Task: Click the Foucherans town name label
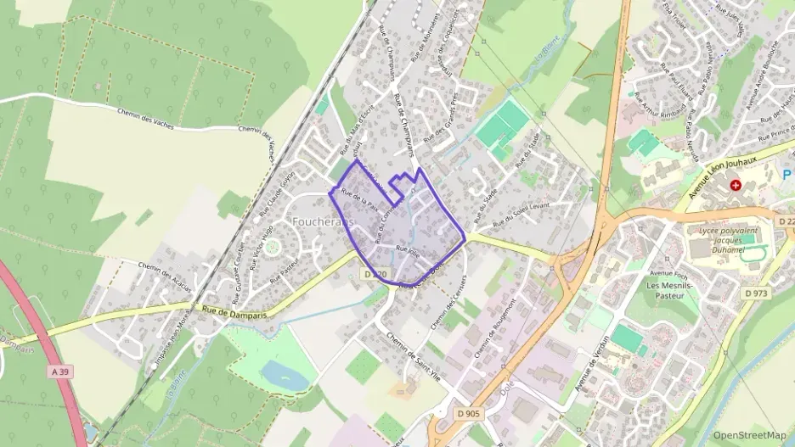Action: (322, 221)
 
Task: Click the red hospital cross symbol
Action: (736, 184)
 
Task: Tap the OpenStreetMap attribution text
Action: (750, 435)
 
